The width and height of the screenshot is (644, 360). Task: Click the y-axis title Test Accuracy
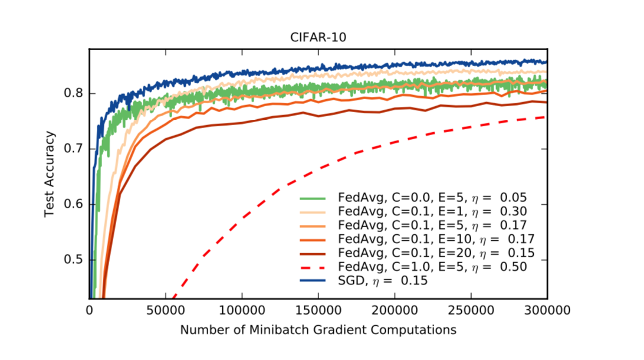click(50, 174)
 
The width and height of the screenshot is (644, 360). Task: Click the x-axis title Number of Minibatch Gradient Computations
click(318, 330)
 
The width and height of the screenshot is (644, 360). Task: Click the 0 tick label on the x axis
click(90, 309)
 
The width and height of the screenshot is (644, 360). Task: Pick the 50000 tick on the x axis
click(166, 309)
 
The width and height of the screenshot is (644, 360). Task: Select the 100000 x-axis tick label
click(242, 309)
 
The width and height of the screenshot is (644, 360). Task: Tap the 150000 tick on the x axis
click(318, 309)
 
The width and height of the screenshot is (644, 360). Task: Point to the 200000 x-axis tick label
click(394, 309)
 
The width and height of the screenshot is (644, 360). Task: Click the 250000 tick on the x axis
click(470, 309)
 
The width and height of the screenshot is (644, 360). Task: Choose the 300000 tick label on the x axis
click(546, 309)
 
